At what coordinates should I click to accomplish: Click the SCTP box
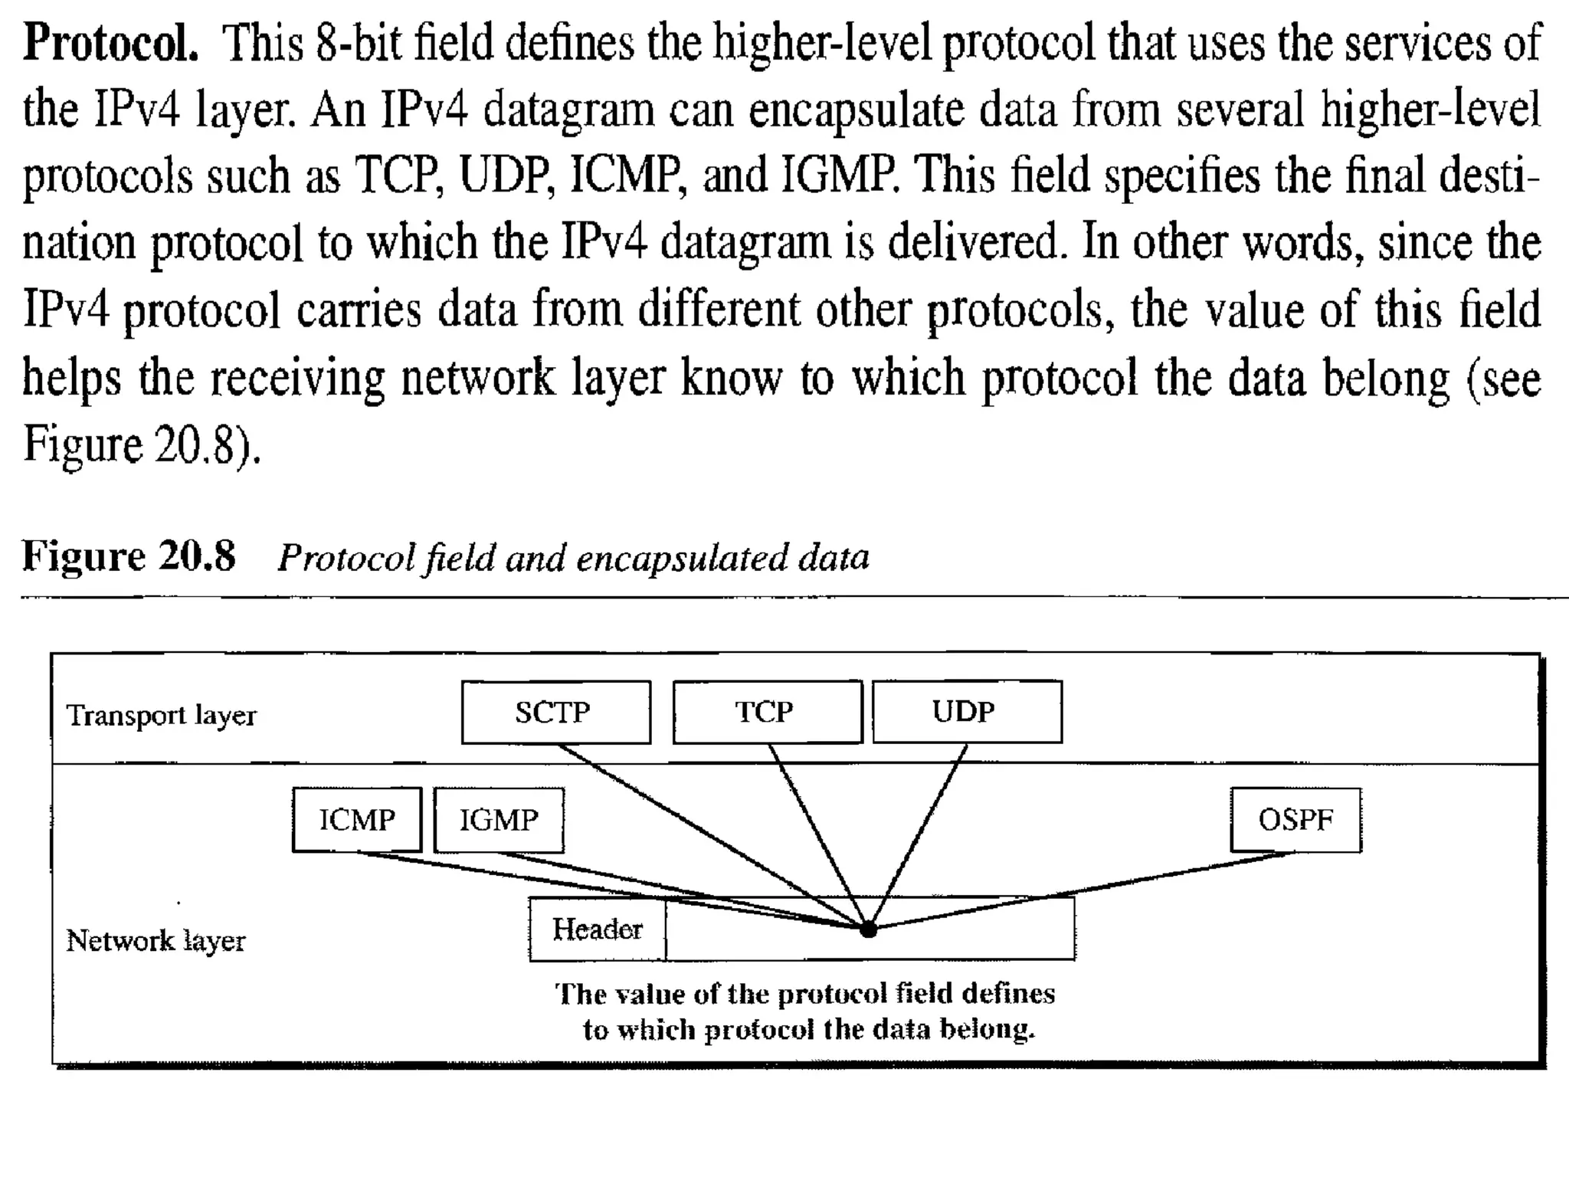(555, 712)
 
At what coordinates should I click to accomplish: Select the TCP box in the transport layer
(767, 712)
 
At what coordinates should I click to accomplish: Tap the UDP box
(967, 712)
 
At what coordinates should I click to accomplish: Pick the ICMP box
(357, 820)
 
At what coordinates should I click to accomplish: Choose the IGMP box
(499, 820)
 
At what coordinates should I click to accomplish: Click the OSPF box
(1295, 820)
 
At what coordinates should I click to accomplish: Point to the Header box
(597, 929)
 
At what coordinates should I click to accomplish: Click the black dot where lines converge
(868, 929)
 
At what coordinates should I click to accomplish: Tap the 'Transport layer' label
(162, 715)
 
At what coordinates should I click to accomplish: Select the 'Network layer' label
(156, 940)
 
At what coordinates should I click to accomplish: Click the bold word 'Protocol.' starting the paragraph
(111, 44)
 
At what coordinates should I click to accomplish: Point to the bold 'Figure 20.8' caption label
(129, 556)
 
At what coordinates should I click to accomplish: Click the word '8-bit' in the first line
(359, 43)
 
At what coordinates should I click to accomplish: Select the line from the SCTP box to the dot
(712, 835)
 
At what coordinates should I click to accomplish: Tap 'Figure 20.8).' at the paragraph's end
(142, 445)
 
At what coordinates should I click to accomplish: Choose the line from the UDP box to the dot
(917, 835)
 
